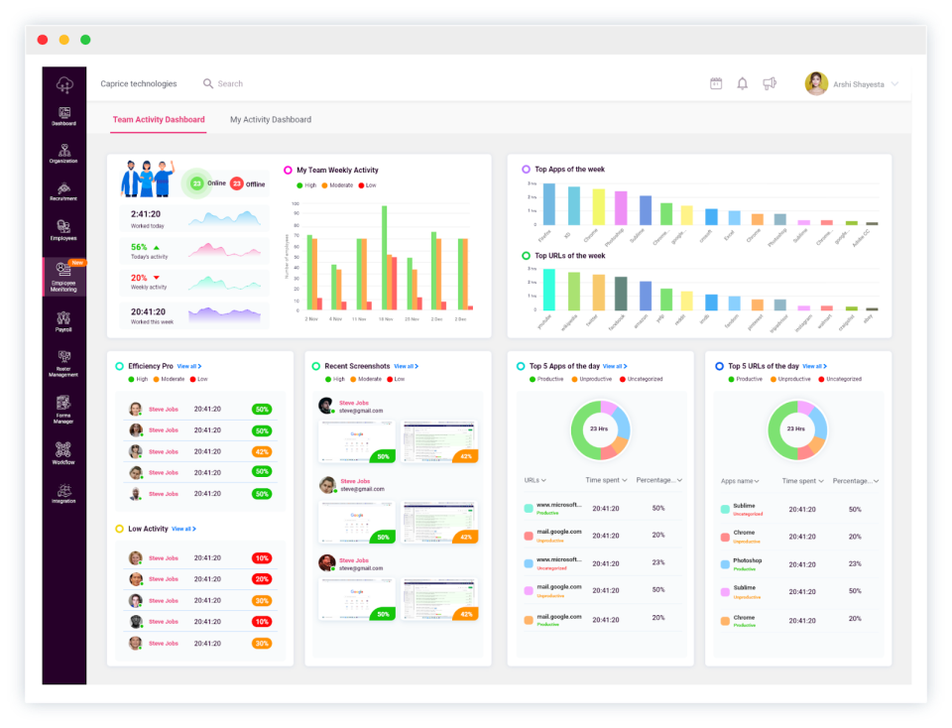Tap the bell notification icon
click(742, 84)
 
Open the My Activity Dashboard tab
click(271, 120)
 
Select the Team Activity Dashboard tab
click(159, 120)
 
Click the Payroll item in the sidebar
click(63, 321)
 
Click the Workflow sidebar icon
click(63, 452)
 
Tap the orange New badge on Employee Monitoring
click(77, 263)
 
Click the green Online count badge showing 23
click(196, 183)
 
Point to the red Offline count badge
click(237, 183)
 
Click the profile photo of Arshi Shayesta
click(816, 84)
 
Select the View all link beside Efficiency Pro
click(188, 367)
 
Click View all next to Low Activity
click(183, 529)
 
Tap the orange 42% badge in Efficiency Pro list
click(262, 451)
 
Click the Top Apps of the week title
click(569, 170)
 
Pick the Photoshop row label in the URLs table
click(747, 560)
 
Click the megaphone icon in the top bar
click(770, 84)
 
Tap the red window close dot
click(42, 40)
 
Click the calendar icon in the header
click(716, 84)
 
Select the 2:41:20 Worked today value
click(147, 213)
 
